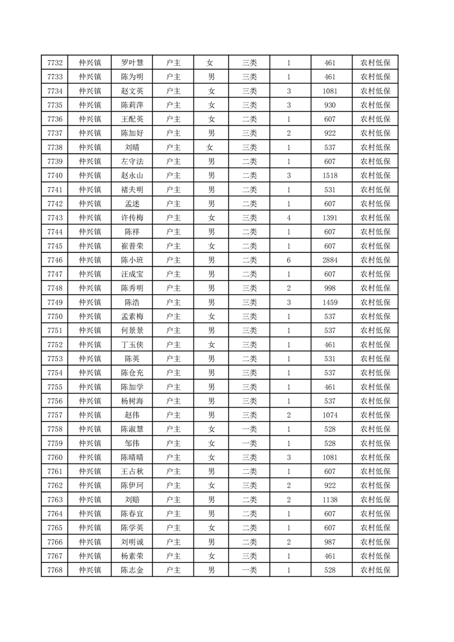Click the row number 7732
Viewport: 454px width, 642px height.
[x=55, y=63]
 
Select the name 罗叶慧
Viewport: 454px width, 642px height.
[x=132, y=63]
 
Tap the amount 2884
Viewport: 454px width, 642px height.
[x=330, y=260]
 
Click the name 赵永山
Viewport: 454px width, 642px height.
[x=132, y=176]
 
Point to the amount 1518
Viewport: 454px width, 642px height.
[x=330, y=176]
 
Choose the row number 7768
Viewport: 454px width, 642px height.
[x=55, y=569]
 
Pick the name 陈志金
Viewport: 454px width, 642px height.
[x=132, y=569]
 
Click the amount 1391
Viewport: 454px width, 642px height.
[x=330, y=217]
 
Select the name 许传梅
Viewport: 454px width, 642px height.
[x=132, y=217]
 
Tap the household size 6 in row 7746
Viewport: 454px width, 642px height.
[x=289, y=260]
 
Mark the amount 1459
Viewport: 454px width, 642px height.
[x=330, y=302]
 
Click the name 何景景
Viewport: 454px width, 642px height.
[x=132, y=330]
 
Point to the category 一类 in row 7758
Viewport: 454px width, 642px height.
[x=249, y=429]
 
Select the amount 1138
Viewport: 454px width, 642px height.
[x=330, y=499]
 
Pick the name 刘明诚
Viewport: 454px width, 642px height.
[x=132, y=541]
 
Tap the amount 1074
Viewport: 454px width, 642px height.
[x=330, y=415]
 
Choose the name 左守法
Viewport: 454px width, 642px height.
[x=132, y=161]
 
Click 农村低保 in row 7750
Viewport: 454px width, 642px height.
[x=375, y=316]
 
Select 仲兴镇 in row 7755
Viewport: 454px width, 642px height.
[x=90, y=386]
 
